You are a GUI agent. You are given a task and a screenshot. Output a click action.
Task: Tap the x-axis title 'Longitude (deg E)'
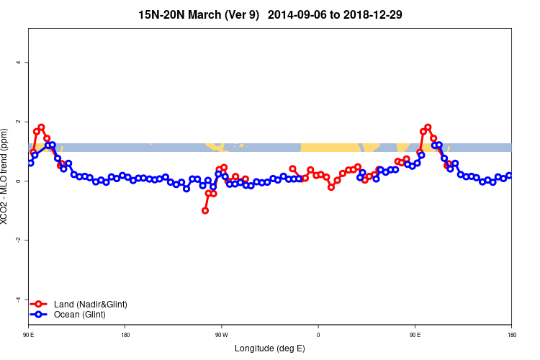(x=270, y=348)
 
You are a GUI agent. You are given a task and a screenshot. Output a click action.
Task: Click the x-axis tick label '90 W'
(x=221, y=335)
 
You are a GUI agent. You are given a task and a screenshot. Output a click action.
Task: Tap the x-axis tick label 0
(x=318, y=335)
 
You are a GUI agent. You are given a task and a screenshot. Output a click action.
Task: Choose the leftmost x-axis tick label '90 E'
(x=29, y=335)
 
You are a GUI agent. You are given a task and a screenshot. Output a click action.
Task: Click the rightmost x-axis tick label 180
(x=511, y=335)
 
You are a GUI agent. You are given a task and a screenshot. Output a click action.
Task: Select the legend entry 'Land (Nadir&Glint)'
(x=91, y=305)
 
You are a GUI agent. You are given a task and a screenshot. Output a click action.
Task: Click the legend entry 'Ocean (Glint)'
(x=80, y=315)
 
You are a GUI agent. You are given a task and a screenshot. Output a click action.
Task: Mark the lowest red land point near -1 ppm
(x=205, y=210)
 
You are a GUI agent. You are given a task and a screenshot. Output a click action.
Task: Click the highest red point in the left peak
(x=41, y=127)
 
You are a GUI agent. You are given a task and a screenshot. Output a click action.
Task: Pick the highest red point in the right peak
(x=428, y=127)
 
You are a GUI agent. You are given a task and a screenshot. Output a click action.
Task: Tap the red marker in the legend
(x=41, y=305)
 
